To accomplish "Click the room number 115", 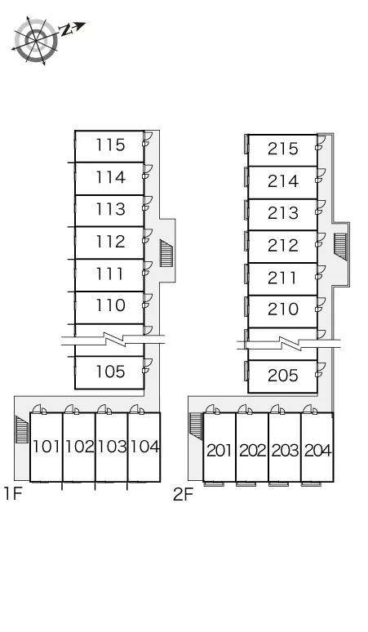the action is pyautogui.click(x=110, y=145).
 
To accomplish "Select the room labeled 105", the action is pyautogui.click(x=110, y=372).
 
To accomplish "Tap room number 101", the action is pyautogui.click(x=47, y=447).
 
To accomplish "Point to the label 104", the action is pyautogui.click(x=144, y=447).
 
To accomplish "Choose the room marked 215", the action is pyautogui.click(x=283, y=149).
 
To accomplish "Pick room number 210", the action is pyautogui.click(x=283, y=309).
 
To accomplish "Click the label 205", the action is pyautogui.click(x=283, y=376).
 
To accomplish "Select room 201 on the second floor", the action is pyautogui.click(x=219, y=450).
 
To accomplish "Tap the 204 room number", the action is pyautogui.click(x=317, y=450).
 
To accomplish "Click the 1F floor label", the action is pyautogui.click(x=12, y=493).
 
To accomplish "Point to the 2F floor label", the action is pyautogui.click(x=184, y=494).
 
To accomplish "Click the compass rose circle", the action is pyautogui.click(x=36, y=41).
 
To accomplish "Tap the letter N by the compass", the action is pyautogui.click(x=64, y=30).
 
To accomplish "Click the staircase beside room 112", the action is pyautogui.click(x=166, y=253).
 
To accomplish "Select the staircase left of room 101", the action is pyautogui.click(x=22, y=429).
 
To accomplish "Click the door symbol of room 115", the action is pyautogui.click(x=148, y=138).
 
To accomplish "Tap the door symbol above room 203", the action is pyautogui.click(x=276, y=409).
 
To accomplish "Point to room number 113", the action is pyautogui.click(x=110, y=209).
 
